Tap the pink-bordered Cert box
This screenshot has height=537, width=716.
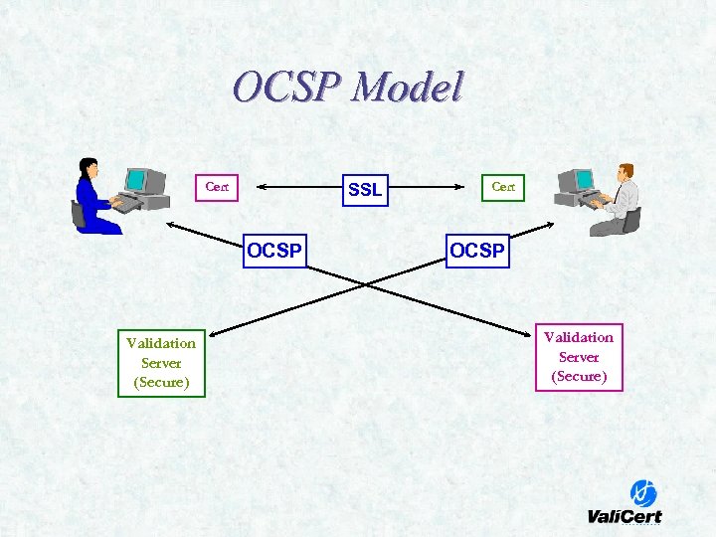[x=217, y=186]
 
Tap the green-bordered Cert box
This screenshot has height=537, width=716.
[x=503, y=186]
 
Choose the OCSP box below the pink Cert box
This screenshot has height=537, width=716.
[x=274, y=251]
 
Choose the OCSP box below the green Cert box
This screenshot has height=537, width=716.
[x=477, y=251]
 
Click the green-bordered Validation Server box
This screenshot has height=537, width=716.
[x=161, y=363]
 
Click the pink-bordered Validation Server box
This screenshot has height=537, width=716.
[x=579, y=356]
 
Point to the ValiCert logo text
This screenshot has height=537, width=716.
[x=624, y=515]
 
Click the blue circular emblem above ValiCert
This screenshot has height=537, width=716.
[x=643, y=492]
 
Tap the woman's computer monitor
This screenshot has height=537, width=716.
[x=135, y=180]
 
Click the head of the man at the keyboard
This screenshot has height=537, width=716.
[x=626, y=171]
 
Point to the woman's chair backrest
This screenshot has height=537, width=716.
[x=78, y=212]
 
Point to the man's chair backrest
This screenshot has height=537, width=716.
[x=632, y=218]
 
